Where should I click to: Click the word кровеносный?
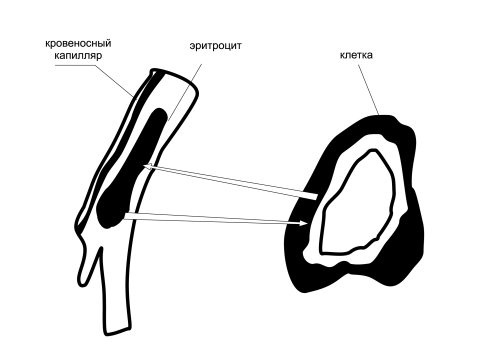click(x=78, y=44)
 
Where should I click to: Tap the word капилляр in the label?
click(x=78, y=55)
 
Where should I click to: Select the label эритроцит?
click(x=215, y=46)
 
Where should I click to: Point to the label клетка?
click(x=356, y=55)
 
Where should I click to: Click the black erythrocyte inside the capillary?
click(x=133, y=167)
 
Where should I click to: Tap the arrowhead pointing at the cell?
click(x=304, y=223)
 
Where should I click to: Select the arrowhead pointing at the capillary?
click(x=149, y=166)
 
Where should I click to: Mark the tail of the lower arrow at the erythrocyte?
click(x=125, y=216)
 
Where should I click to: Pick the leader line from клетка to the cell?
click(x=368, y=89)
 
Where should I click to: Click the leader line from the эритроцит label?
click(x=185, y=92)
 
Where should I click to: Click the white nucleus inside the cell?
click(x=358, y=203)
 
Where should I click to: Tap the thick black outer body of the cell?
click(x=410, y=240)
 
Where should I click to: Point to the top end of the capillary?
click(x=173, y=76)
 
